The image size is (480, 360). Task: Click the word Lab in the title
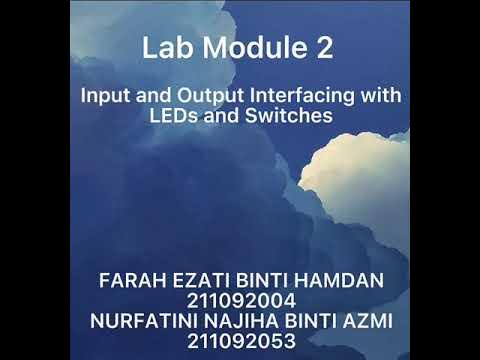(x=164, y=48)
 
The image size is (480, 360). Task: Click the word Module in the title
(x=245, y=48)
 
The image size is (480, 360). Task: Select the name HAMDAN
(x=336, y=281)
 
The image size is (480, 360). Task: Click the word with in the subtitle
(x=379, y=97)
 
